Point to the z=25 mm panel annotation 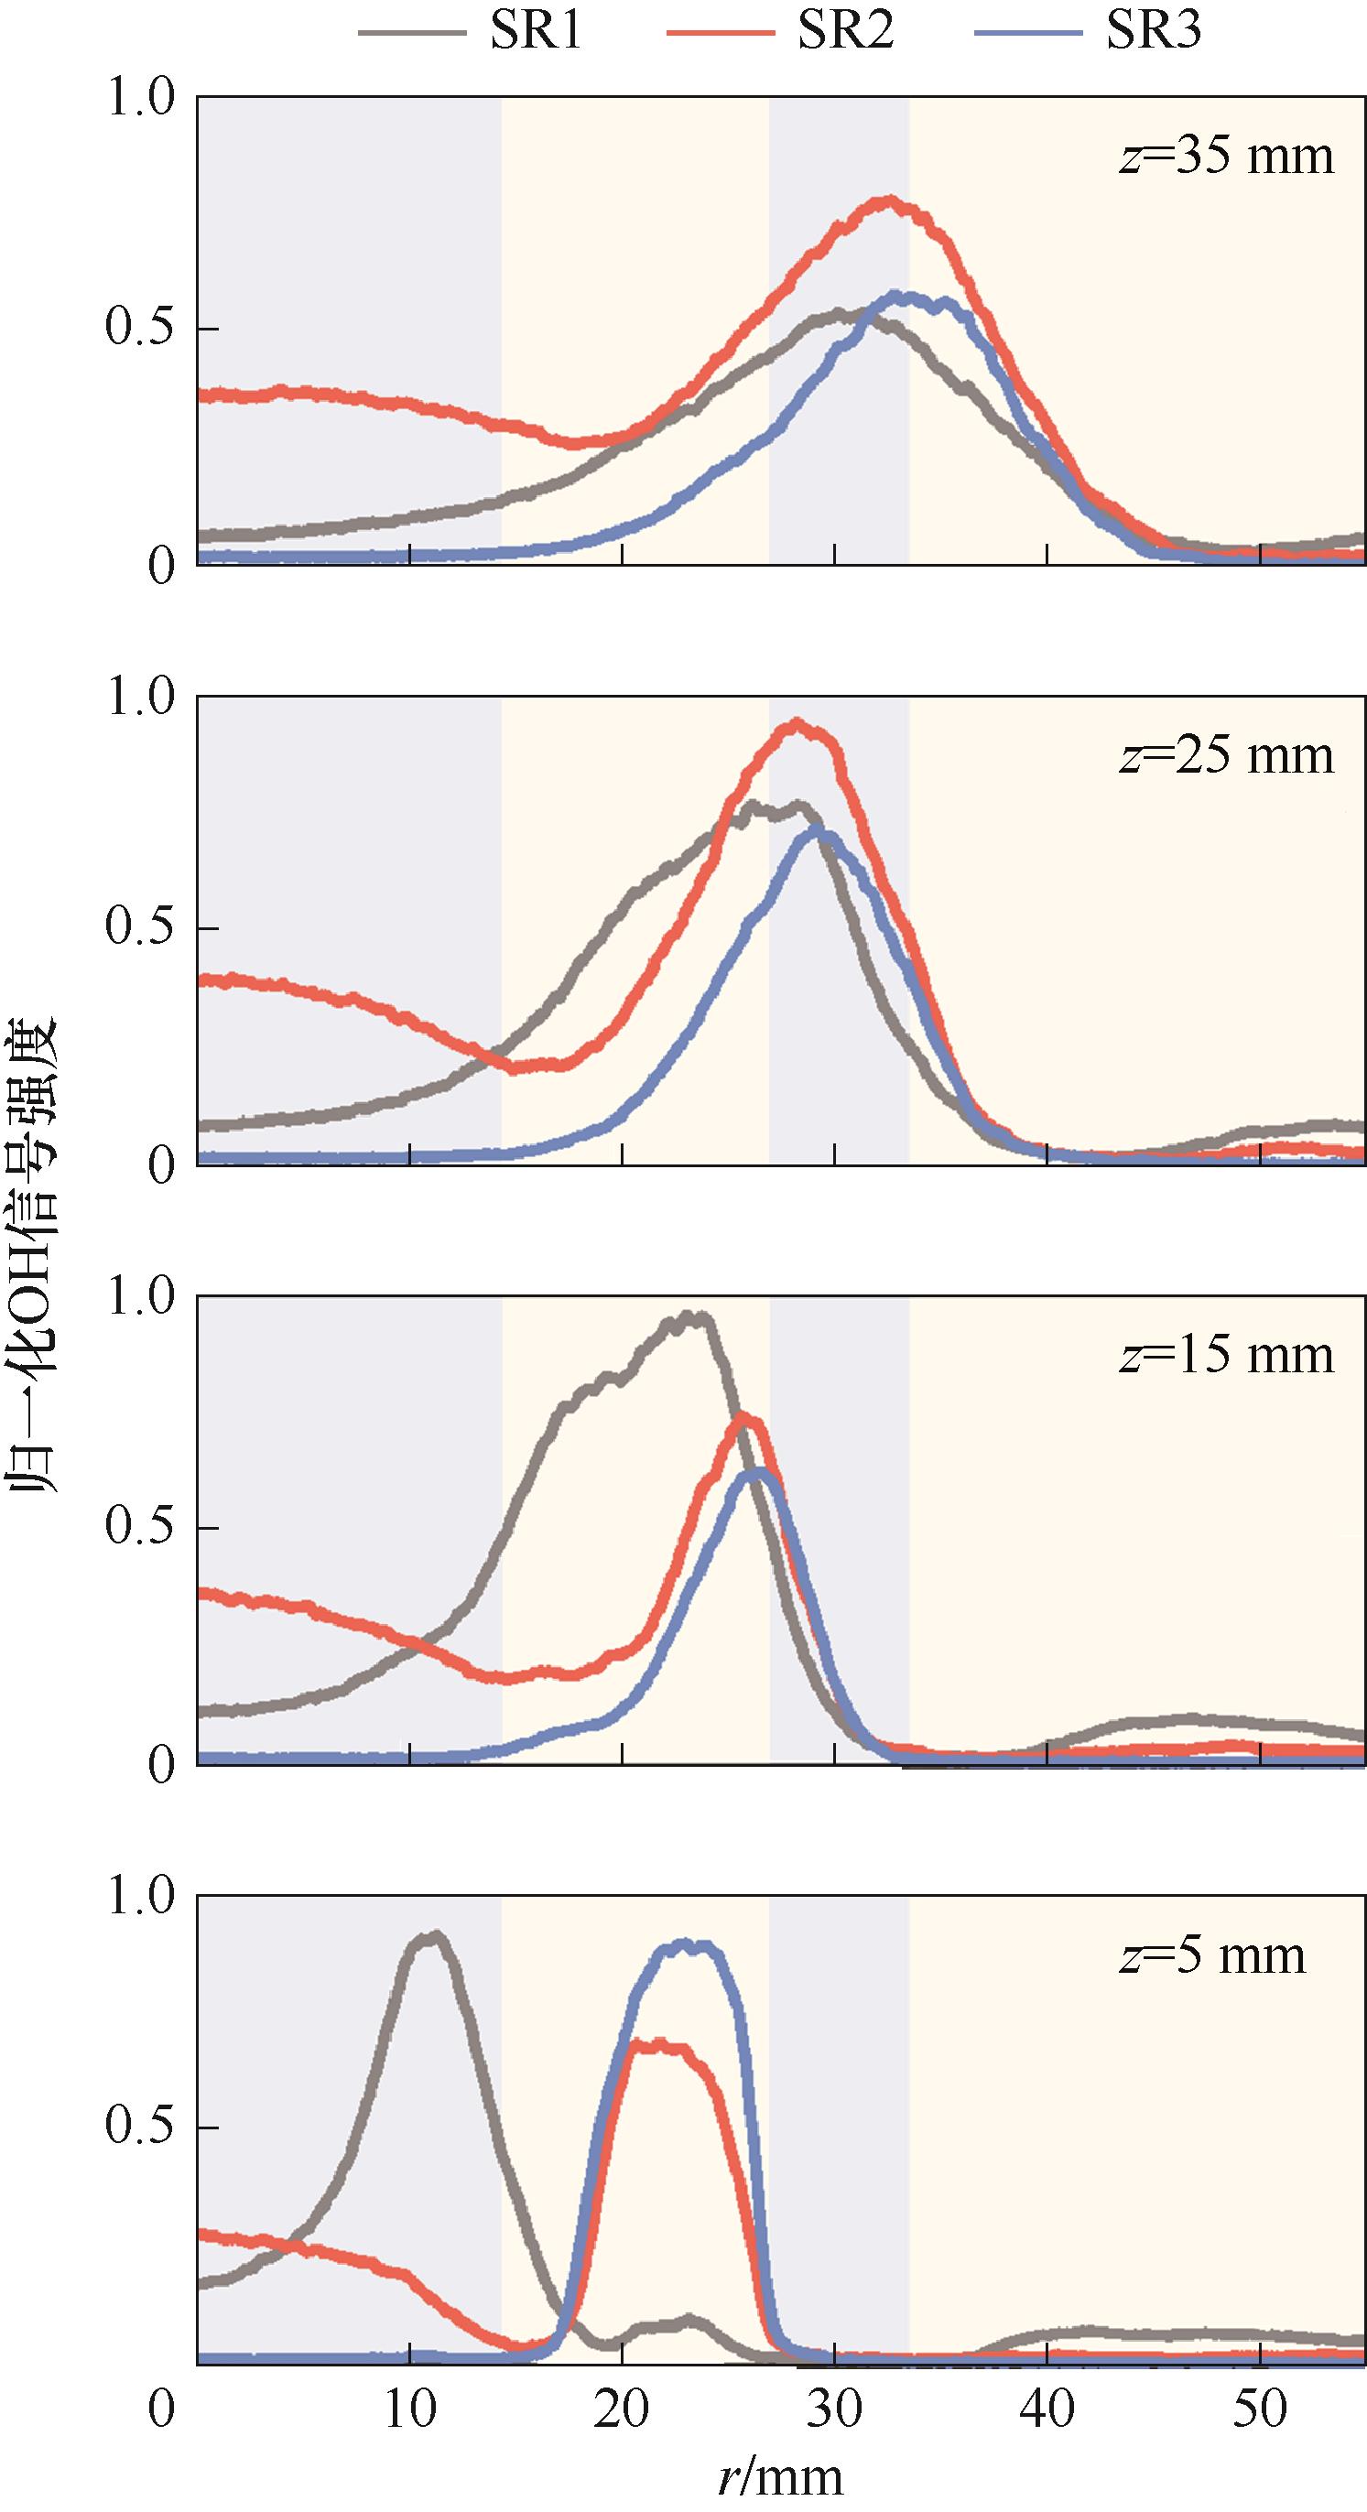[x=1226, y=756]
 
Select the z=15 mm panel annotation [x=1226, y=1356]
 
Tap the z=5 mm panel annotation [x=1212, y=1955]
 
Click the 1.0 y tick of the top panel [x=139, y=99]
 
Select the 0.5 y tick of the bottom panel [x=139, y=2127]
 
